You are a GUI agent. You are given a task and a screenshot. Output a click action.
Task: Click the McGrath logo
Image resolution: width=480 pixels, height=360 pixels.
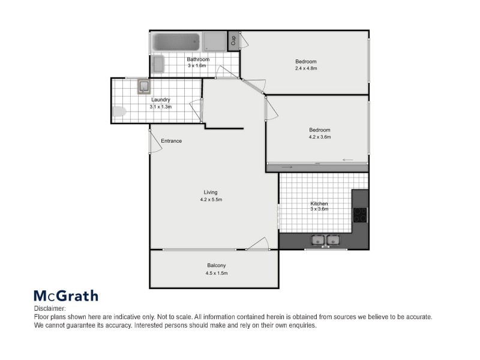click(65, 296)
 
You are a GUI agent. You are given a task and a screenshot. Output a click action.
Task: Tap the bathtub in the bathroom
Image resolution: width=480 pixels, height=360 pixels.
click(175, 42)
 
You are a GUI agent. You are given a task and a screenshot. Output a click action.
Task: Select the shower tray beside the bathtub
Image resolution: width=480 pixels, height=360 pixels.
click(214, 41)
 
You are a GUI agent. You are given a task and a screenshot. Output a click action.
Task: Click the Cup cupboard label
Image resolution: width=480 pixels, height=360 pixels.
click(233, 41)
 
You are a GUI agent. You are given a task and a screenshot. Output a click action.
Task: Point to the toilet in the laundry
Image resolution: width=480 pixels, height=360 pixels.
click(119, 111)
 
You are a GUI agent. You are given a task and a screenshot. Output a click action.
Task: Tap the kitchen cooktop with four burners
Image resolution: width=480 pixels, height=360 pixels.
click(361, 215)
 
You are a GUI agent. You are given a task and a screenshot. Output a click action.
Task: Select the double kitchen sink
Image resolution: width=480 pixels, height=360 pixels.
click(325, 241)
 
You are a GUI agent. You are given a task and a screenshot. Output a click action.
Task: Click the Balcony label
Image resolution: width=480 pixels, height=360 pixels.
click(217, 265)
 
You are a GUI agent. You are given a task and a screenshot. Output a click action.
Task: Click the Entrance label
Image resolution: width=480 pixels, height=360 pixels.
click(171, 141)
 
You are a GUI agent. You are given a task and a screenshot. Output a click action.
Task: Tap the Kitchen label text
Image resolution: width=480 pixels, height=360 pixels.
click(319, 204)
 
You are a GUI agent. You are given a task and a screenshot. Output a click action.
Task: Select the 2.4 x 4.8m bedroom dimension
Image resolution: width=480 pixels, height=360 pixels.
click(305, 68)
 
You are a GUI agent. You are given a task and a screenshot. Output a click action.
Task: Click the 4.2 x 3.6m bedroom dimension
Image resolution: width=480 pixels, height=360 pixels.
click(320, 137)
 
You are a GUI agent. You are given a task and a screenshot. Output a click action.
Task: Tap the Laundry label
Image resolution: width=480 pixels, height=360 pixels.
click(161, 100)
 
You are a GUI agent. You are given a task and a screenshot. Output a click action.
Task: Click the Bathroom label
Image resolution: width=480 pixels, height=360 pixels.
click(197, 59)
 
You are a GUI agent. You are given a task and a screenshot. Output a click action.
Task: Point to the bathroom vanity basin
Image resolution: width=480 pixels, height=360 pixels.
click(158, 64)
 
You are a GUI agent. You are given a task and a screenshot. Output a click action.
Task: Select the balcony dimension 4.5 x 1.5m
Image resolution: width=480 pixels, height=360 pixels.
click(217, 273)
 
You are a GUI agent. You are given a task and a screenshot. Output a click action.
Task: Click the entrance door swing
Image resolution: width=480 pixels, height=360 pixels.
click(155, 142)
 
